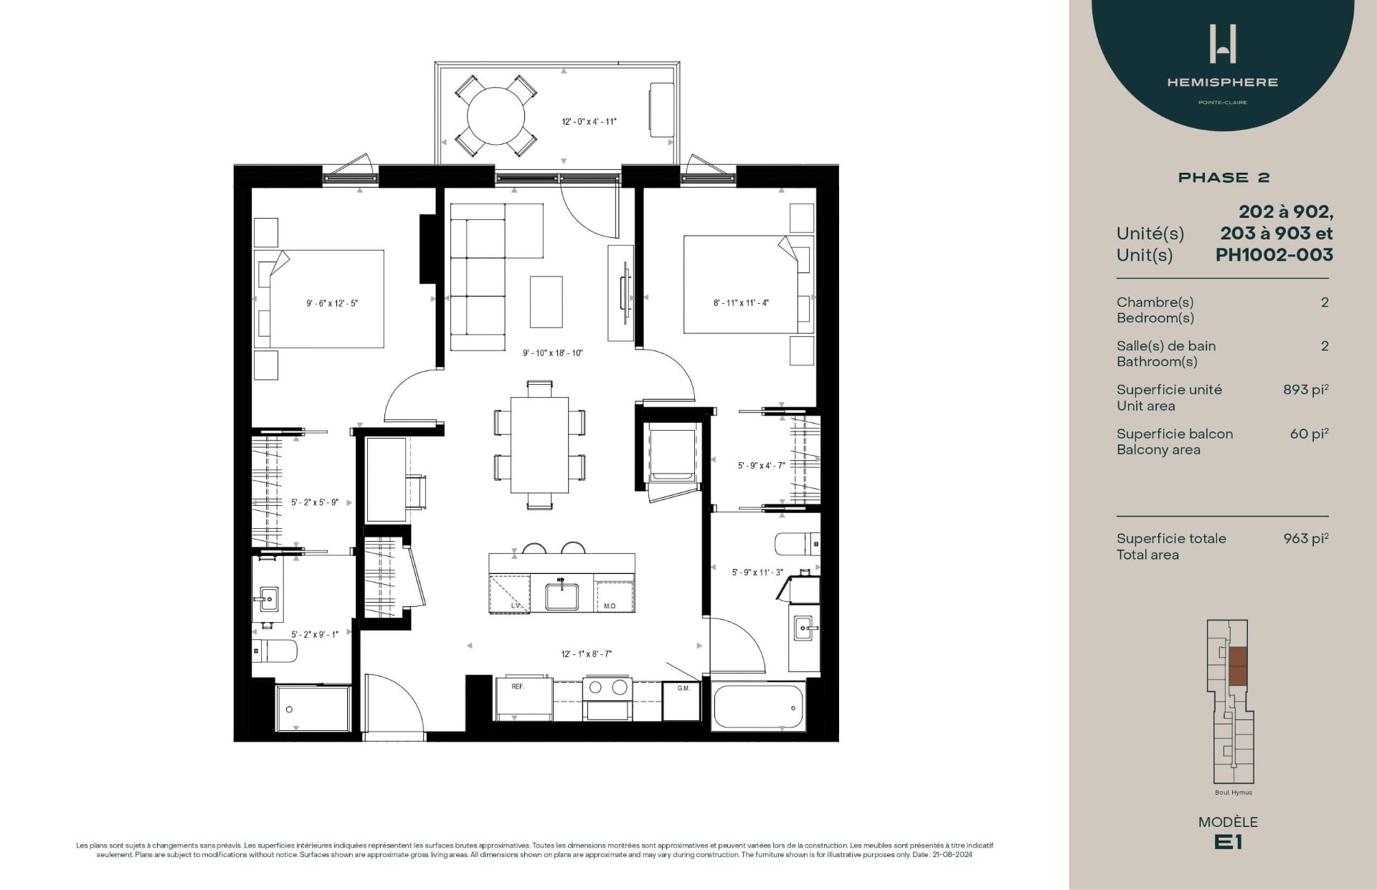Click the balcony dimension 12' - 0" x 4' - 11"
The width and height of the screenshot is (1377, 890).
coord(589,122)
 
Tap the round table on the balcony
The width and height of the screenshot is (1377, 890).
coord(496,116)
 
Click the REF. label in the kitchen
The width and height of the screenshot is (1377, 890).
coord(518,686)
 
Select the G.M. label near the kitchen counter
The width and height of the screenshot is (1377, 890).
coord(683,689)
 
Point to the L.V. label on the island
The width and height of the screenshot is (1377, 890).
coord(515,606)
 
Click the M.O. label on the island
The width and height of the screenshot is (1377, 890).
coord(610,606)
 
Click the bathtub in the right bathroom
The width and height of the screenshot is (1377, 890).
coord(759,707)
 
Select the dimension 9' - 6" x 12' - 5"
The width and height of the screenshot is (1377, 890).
coord(332,303)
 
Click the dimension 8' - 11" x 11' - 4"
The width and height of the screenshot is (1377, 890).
coord(741,303)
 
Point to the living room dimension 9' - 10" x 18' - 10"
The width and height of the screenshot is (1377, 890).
coord(552,353)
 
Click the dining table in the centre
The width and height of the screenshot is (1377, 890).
coord(539,444)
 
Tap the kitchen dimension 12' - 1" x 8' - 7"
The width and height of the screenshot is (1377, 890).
coord(586,654)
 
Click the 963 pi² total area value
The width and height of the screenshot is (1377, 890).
coord(1305,539)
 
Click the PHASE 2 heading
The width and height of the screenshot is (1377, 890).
coord(1224,178)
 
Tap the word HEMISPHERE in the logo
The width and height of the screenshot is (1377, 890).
coord(1222,82)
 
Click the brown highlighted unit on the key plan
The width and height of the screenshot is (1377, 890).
coord(1238,666)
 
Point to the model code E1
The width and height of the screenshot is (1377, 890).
coord(1228,843)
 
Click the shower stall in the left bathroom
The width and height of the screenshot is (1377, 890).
coord(313,708)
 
